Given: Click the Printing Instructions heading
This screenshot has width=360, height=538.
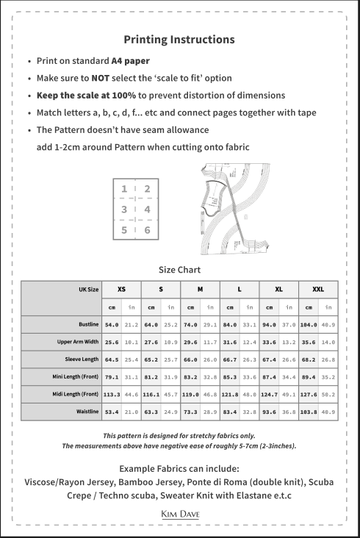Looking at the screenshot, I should coord(179,40).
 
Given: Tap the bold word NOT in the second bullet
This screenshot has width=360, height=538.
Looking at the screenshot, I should coord(101,78).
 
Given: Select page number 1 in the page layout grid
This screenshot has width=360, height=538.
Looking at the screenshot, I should coord(126,189).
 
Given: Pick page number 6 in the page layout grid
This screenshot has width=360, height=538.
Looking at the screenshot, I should coord(147,230).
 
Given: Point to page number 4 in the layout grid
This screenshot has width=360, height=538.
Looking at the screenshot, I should coord(147,209).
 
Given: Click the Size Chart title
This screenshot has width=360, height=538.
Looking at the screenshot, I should coord(179,270).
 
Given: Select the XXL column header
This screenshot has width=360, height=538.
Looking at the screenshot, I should coord(318,290).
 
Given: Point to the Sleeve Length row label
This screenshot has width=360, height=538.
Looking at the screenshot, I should coord(82,359).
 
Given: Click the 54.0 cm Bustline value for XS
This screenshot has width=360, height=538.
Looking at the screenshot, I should coord(112,324).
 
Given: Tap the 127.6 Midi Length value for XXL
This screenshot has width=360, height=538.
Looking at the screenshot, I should coord(308,395).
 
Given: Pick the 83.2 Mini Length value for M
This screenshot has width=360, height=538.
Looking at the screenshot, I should coord(190,377).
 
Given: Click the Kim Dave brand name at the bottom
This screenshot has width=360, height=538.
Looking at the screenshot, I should coord(179,514).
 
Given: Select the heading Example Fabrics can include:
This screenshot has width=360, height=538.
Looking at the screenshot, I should coord(179,469).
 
